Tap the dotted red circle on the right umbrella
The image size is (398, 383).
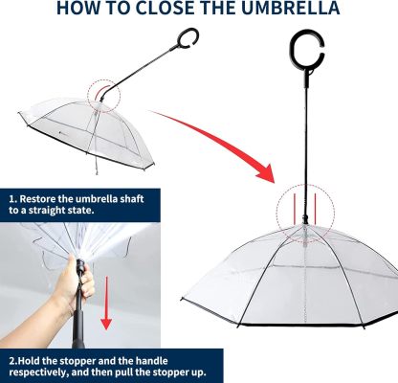pos(300,211)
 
